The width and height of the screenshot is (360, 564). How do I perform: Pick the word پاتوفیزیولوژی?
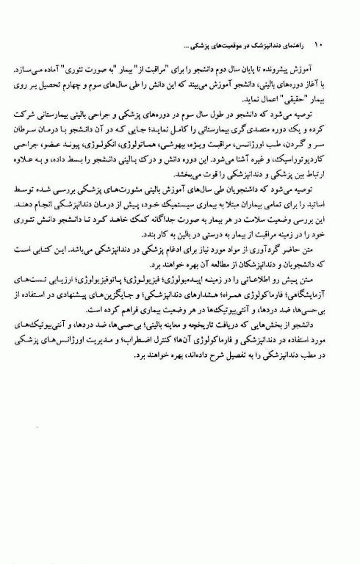point(121,280)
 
